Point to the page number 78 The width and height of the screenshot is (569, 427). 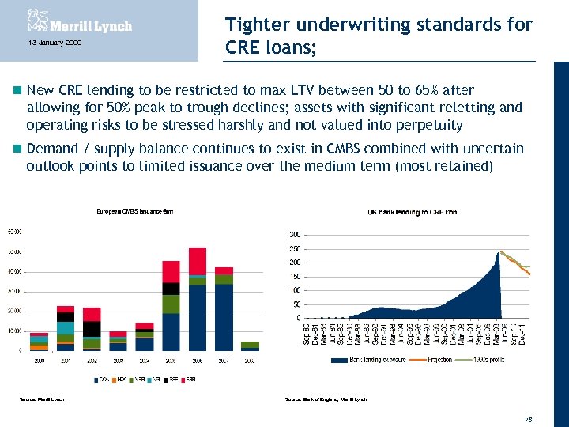pyautogui.click(x=528, y=418)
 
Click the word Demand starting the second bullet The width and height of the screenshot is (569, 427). pyautogui.click(x=52, y=149)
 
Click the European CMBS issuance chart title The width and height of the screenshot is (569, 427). pyautogui.click(x=134, y=210)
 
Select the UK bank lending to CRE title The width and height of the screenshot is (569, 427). pyautogui.click(x=413, y=212)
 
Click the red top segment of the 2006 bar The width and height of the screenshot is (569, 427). pyautogui.click(x=197, y=260)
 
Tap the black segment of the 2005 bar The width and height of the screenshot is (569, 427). pyautogui.click(x=171, y=288)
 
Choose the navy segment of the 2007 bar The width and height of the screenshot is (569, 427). pyautogui.click(x=224, y=316)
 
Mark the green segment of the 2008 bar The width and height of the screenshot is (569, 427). pyautogui.click(x=250, y=345)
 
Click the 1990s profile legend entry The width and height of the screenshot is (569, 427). pyautogui.click(x=486, y=360)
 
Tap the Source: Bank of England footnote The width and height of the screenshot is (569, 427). pyautogui.click(x=326, y=399)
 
